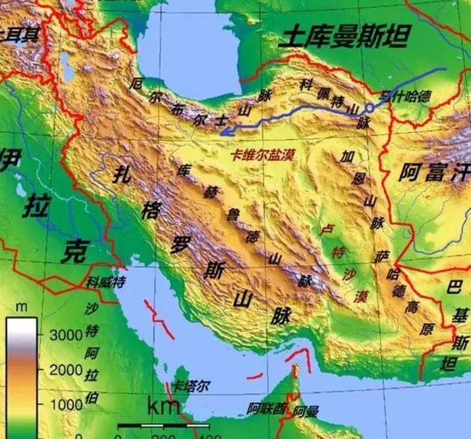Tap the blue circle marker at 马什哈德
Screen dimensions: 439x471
point(370,107)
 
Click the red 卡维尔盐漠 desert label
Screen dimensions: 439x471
point(262,156)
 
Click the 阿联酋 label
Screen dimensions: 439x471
point(266,408)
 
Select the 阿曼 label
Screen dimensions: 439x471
point(306,411)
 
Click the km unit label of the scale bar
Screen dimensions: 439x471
point(163,405)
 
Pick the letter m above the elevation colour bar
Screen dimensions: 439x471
point(21,307)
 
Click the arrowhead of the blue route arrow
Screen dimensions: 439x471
point(225,131)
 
